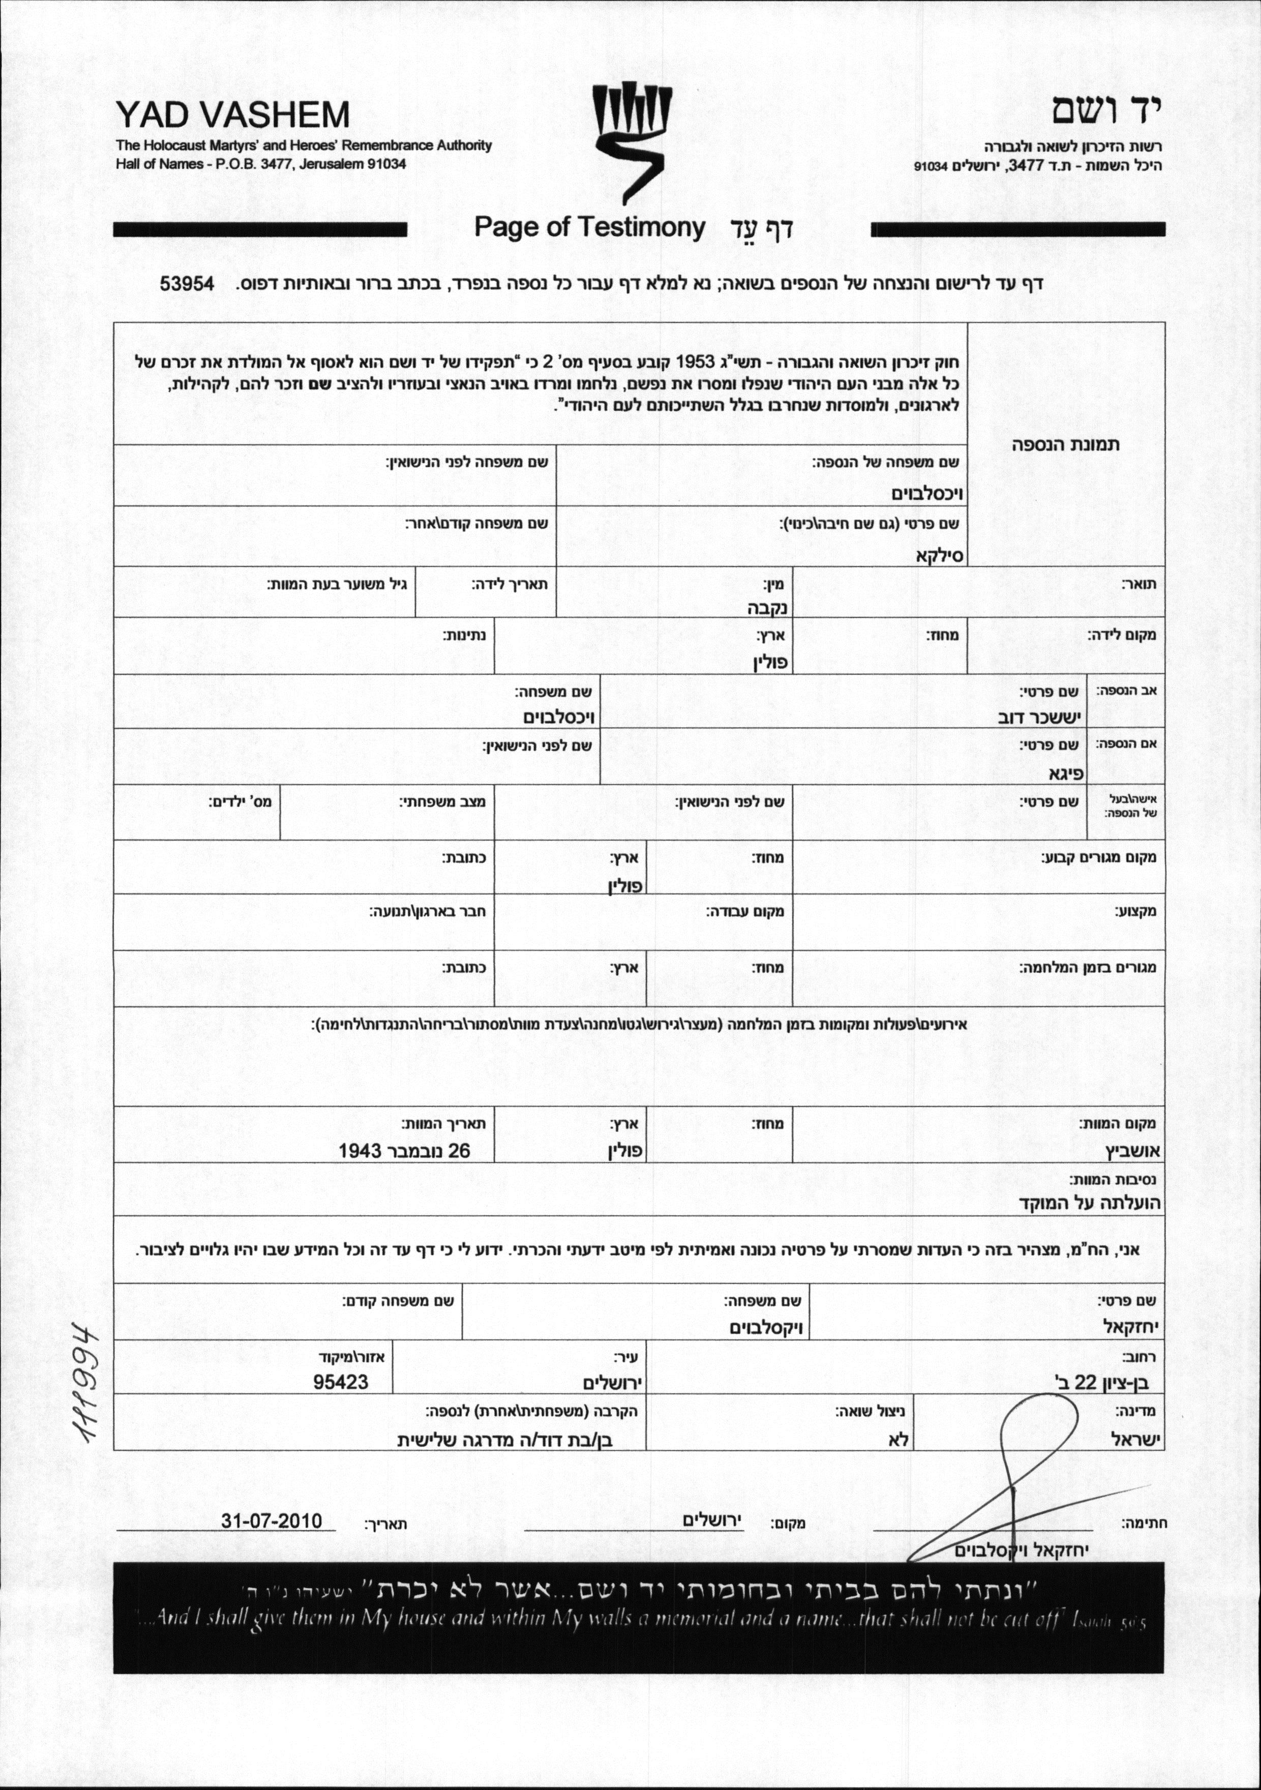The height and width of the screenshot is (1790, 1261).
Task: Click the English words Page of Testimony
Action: (589, 228)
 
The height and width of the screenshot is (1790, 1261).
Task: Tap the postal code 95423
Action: (341, 1382)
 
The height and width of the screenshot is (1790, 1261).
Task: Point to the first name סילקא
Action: (940, 555)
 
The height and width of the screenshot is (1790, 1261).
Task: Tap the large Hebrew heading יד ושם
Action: (1107, 111)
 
